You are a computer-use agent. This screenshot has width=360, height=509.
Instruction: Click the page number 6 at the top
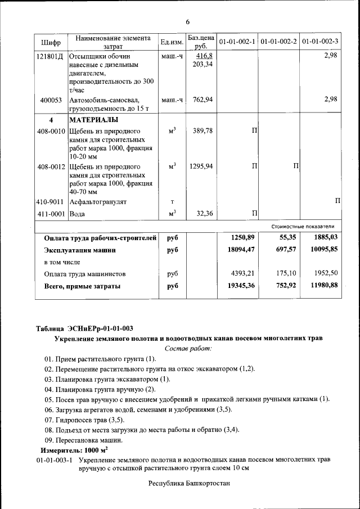(x=188, y=21)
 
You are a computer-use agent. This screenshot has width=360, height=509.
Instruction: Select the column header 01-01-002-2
(x=279, y=42)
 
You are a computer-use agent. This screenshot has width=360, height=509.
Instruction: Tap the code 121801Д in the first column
(x=49, y=57)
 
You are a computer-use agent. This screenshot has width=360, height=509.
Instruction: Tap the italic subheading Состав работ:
(x=188, y=349)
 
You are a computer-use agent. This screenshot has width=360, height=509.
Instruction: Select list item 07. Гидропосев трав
(x=84, y=420)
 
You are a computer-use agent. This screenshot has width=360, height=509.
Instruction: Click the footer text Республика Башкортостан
(x=189, y=483)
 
